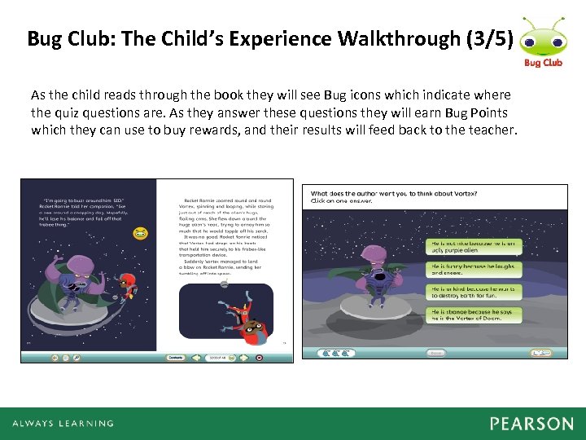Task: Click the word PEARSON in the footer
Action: (531, 424)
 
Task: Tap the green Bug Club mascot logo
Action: (541, 37)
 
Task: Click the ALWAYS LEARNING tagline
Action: (63, 424)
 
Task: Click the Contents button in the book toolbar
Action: (176, 357)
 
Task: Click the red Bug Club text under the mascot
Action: (543, 63)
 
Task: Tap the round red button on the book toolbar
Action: (259, 357)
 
